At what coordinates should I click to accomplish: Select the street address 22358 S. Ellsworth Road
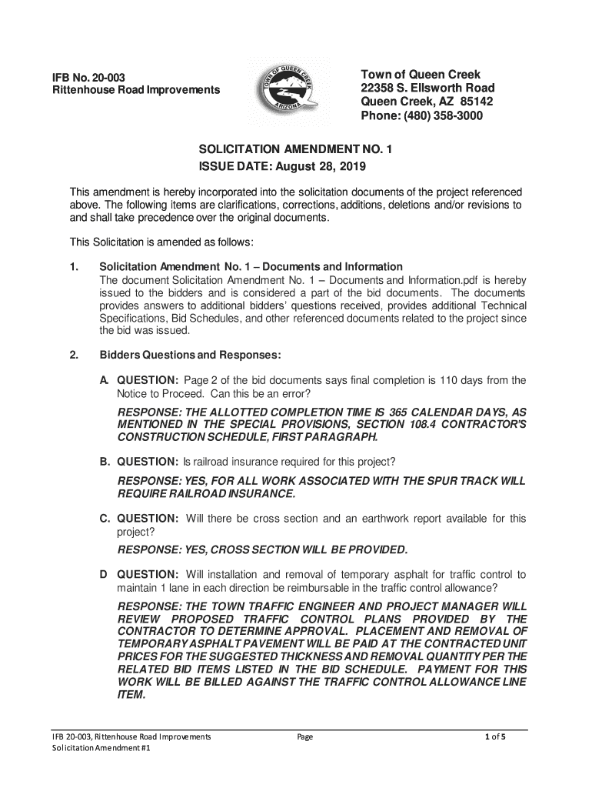[427, 88]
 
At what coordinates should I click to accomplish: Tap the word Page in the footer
[305, 737]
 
